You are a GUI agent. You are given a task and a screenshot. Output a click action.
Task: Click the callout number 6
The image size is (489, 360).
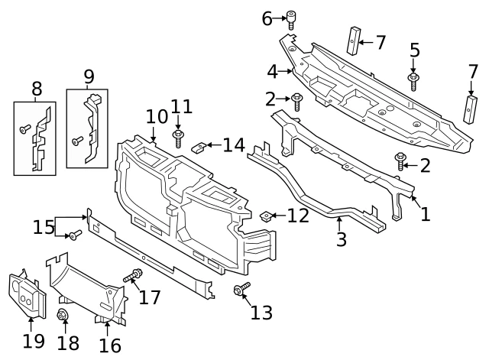click(x=267, y=18)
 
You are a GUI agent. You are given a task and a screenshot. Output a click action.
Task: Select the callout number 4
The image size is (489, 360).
click(x=272, y=73)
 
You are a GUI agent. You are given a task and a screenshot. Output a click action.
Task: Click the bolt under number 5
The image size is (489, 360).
click(x=413, y=80)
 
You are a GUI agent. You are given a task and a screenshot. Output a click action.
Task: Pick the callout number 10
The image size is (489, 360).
click(x=156, y=116)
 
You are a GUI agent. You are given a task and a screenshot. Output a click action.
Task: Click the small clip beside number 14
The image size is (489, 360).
click(x=197, y=145)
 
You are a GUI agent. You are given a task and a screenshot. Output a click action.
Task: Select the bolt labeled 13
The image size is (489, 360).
click(x=241, y=290)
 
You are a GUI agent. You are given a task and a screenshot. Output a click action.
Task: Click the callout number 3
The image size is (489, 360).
click(x=341, y=239)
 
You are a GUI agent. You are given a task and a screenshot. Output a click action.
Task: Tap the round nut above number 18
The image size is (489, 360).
click(x=63, y=316)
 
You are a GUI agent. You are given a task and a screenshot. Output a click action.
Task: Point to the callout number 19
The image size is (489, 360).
click(x=33, y=340)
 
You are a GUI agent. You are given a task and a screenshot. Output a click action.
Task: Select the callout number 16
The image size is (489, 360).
click(x=109, y=345)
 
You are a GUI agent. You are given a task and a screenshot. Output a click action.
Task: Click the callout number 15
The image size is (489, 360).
click(x=43, y=227)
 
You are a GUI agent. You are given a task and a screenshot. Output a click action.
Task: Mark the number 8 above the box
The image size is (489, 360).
click(x=36, y=89)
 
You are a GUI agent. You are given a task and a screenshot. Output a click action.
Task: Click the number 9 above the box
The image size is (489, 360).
click(x=89, y=76)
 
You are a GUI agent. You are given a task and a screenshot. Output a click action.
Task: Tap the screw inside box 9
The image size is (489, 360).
click(x=76, y=141)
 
